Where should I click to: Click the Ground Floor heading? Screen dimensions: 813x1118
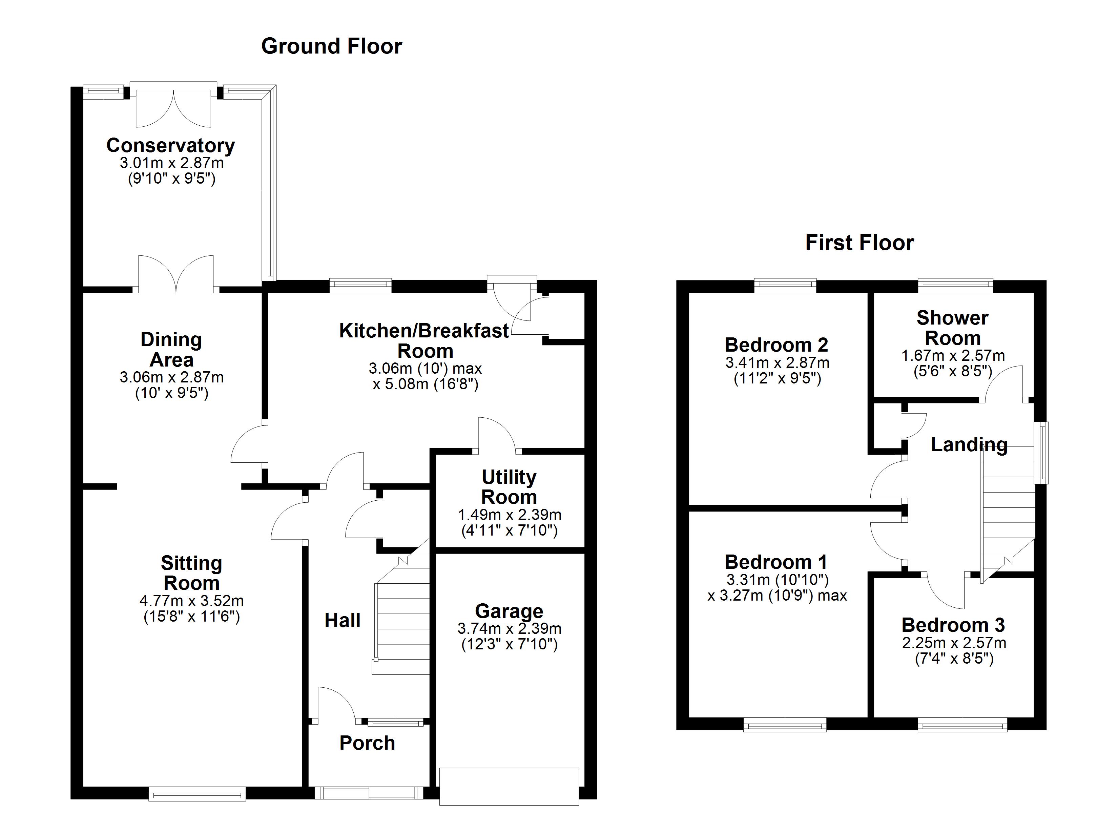[x=331, y=46]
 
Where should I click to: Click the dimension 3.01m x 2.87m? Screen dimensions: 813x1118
[x=171, y=163]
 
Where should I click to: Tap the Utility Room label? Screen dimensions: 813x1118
[x=509, y=487]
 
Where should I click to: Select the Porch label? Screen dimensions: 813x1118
[x=367, y=743]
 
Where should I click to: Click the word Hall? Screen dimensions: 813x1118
[x=342, y=620]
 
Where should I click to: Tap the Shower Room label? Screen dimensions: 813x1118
[x=952, y=328]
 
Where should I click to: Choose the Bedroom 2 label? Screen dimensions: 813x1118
[x=777, y=345]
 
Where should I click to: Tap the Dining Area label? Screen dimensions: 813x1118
[x=171, y=350]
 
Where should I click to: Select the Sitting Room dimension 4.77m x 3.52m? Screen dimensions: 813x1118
[x=191, y=601]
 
